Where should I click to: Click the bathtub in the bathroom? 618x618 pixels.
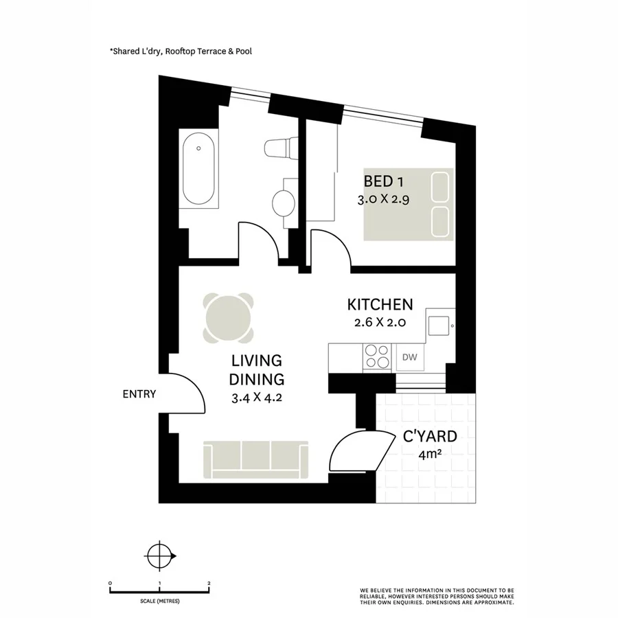198,170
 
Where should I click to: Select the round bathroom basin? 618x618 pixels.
284,203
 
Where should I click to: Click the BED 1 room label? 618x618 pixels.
383,182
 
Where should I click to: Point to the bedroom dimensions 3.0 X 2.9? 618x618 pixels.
383,201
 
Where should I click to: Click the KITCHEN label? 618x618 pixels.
380,304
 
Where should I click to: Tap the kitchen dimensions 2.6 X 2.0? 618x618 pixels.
380,323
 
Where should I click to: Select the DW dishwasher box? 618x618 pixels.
410,357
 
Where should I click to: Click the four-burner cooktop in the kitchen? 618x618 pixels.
376,357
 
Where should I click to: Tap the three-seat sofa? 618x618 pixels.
255,459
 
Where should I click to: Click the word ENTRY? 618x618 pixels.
139,394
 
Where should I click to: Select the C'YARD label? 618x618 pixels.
430,435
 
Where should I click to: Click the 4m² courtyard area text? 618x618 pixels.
430,453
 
